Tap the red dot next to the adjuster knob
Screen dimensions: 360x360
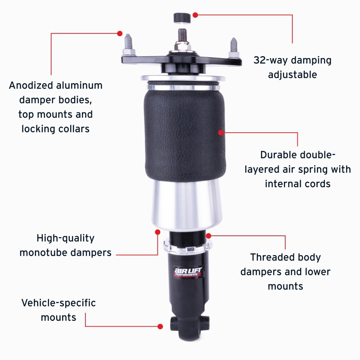(x=195, y=14)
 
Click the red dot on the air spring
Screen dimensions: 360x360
(x=221, y=132)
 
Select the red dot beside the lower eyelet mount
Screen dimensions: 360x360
(x=160, y=326)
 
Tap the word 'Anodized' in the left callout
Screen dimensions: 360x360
(x=31, y=85)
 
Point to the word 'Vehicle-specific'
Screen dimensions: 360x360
(x=58, y=303)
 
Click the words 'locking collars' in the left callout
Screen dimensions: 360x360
(x=56, y=129)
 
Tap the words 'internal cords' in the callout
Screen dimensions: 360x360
(x=298, y=184)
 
